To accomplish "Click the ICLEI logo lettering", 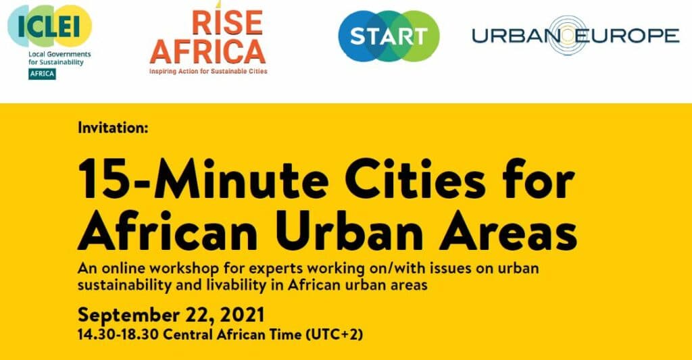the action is point(49,26).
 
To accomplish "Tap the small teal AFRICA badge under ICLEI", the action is point(43,74).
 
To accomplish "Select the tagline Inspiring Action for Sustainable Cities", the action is point(208,71).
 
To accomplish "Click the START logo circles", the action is point(389,36).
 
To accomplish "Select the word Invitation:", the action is point(113,128).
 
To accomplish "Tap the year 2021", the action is point(242,315).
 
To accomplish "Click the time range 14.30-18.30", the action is point(118,334).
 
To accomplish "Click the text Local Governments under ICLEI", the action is point(59,54).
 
